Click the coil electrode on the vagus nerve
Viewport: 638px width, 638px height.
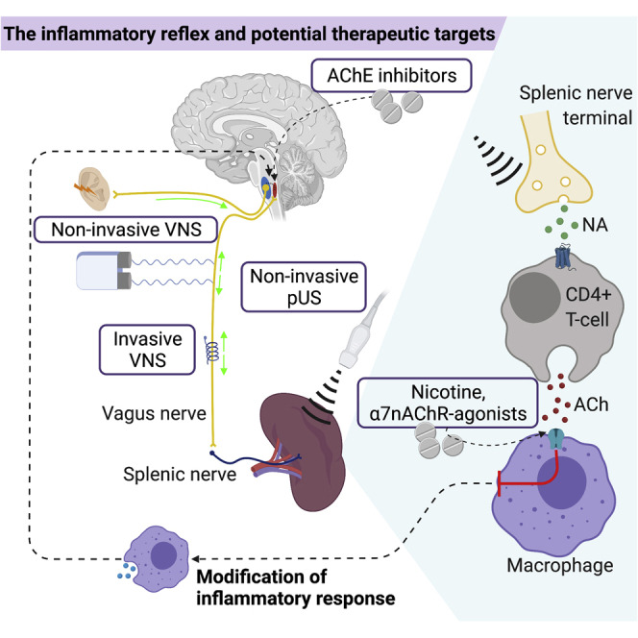209,353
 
